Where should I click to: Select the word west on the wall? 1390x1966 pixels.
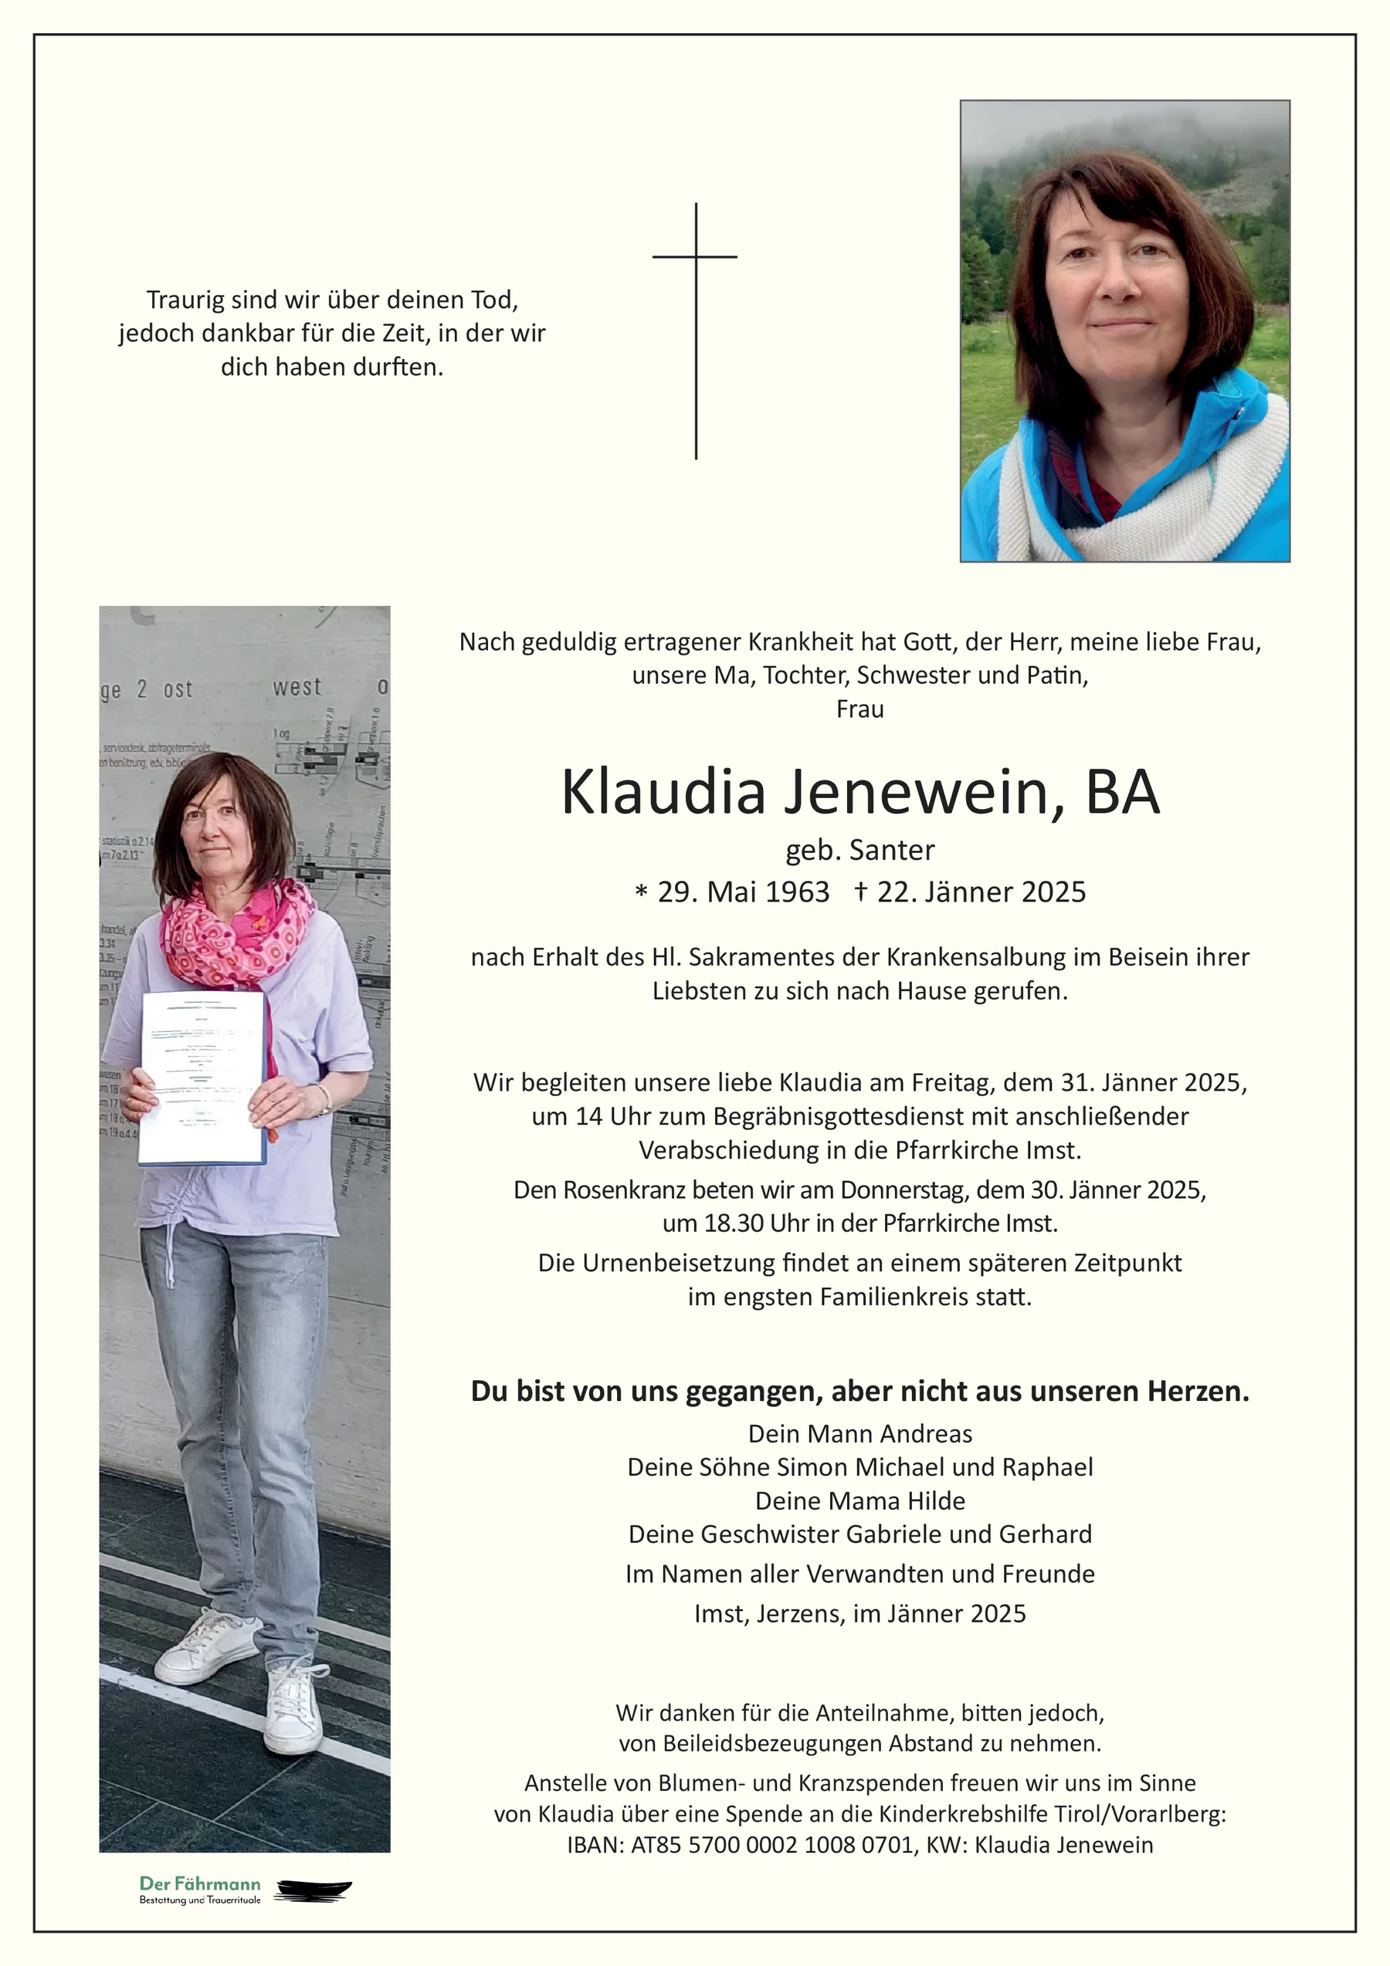click(297, 688)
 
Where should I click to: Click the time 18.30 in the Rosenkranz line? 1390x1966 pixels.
click(733, 1223)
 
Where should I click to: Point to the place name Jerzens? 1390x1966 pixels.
click(799, 1613)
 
